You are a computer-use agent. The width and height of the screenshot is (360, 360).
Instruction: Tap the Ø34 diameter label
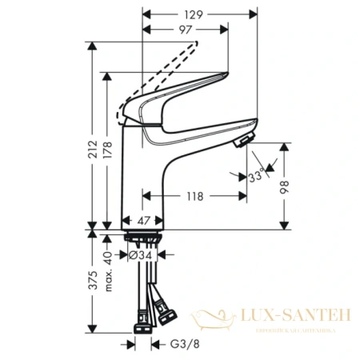(x=142, y=255)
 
